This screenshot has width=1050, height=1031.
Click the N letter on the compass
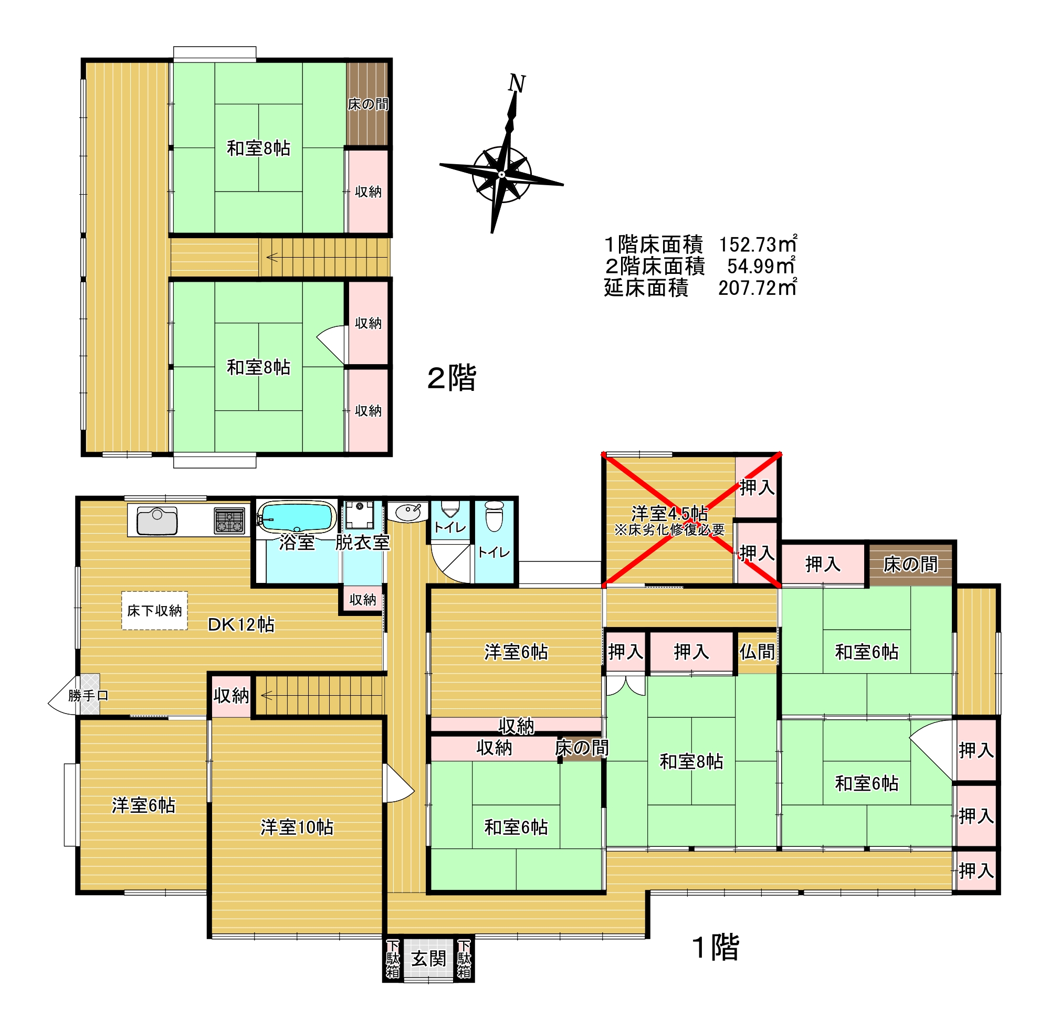coord(516,84)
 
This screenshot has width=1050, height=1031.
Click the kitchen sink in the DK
coord(157,520)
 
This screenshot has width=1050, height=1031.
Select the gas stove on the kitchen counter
coord(229,521)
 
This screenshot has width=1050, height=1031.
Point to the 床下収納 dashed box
coord(154,610)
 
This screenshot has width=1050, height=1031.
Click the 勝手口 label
coord(88,696)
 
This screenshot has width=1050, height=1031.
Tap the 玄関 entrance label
coord(428,959)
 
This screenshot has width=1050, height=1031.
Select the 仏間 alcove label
coord(757,652)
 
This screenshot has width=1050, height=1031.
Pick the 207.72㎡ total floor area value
coord(758,288)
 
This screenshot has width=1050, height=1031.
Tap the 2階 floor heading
coord(452,378)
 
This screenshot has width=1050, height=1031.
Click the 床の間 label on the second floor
coord(369,104)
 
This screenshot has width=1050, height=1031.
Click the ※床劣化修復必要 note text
coord(670,529)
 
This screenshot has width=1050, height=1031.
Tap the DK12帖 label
coord(241,624)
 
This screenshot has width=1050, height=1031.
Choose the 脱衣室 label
coord(362,543)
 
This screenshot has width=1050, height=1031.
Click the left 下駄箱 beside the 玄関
coord(393,959)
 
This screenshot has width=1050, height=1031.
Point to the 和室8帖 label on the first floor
coord(691,762)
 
